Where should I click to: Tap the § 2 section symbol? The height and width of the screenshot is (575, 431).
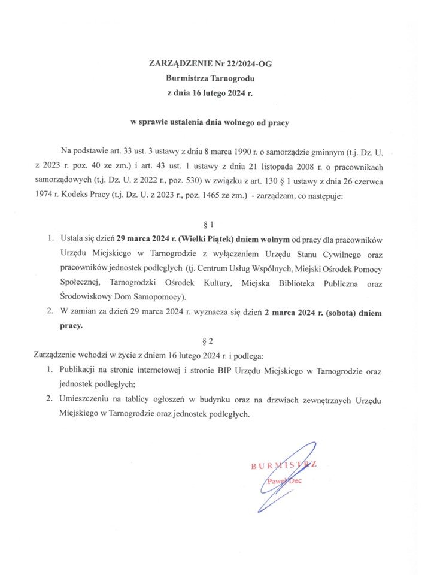[x=210, y=341]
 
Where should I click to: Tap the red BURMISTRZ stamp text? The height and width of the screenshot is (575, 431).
[x=283, y=465]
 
